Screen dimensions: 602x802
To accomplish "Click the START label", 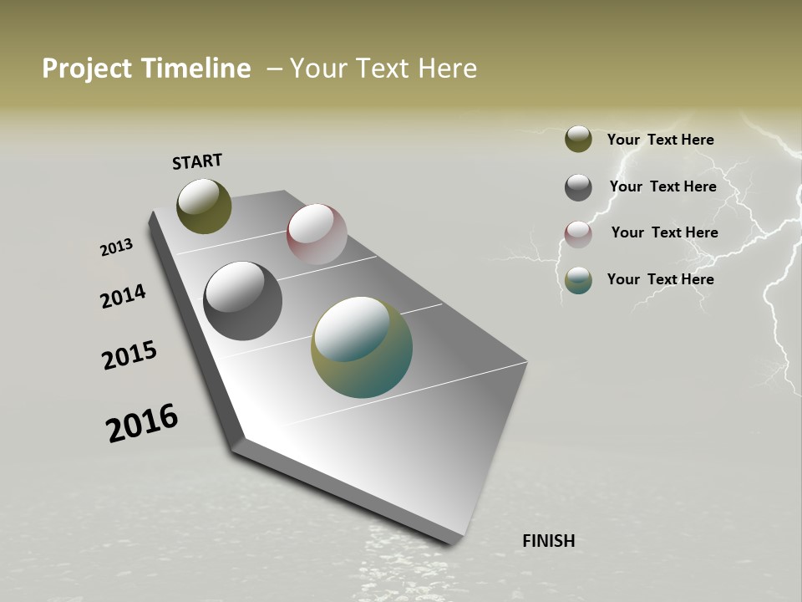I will (197, 161).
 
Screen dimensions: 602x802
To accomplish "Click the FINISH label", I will (548, 541).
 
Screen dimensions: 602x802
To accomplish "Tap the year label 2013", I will (116, 247).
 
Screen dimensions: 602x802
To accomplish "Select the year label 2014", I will (123, 296).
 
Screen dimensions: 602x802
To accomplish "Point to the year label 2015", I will (129, 355).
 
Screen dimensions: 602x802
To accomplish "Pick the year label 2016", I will (142, 423).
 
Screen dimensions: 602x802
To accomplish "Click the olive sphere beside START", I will (204, 206).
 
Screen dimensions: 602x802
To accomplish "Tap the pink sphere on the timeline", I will (317, 233).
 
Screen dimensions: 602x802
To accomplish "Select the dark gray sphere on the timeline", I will (242, 300).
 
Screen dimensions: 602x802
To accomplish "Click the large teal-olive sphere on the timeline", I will (361, 346).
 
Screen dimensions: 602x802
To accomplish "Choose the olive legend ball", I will (578, 139).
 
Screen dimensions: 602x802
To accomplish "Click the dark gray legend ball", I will (578, 187).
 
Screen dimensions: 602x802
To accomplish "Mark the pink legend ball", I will (578, 234).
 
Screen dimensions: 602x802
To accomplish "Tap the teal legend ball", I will (578, 280).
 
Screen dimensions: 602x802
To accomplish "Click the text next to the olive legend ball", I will (660, 140).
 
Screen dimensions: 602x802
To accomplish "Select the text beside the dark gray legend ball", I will (662, 186).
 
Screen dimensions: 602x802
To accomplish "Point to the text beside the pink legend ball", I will (664, 232).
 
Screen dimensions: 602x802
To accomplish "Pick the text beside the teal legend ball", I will (660, 279).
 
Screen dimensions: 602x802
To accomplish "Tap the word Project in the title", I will (86, 69).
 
